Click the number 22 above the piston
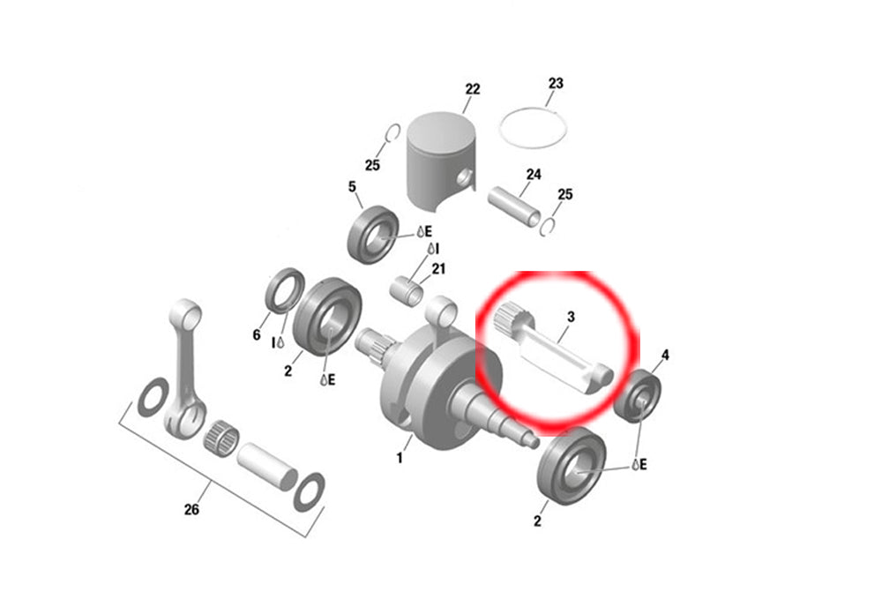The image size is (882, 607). point(473,89)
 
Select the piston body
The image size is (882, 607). point(441,161)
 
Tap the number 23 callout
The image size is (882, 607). point(556,83)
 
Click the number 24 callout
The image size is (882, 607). point(534,175)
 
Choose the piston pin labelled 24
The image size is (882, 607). point(514,206)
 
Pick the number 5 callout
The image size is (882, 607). point(352,186)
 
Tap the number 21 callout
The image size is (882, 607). point(438,269)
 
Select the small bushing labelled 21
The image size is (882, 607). point(407,290)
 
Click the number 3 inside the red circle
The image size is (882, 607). point(571,317)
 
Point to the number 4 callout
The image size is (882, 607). point(665,355)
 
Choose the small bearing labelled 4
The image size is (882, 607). point(638,396)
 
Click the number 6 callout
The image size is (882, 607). point(257,334)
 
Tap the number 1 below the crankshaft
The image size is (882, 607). point(400,458)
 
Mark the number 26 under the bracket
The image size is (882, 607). point(191,509)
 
